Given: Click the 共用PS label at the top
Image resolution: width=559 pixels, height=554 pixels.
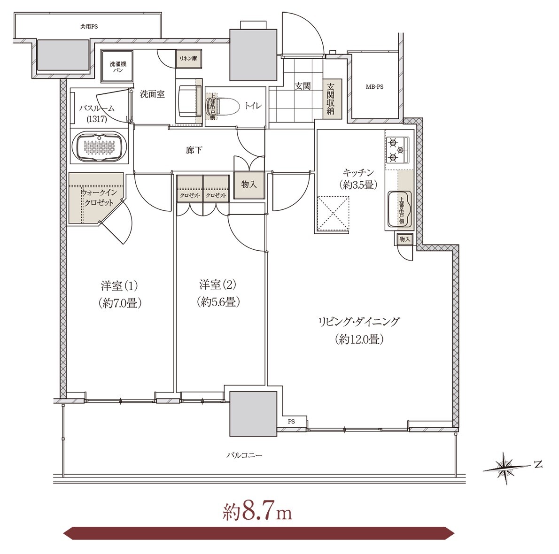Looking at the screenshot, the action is pos(89,26).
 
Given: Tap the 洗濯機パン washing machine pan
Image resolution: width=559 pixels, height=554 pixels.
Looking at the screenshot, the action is pos(117,67).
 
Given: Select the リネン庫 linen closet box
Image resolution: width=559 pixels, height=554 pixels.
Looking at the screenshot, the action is pos(188,59).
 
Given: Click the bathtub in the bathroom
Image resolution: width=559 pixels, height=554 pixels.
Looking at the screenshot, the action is pos(100,147).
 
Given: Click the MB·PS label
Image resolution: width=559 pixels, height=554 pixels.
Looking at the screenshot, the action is pos(375,86).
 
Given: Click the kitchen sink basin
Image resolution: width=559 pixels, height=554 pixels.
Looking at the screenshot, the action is pos(399,209).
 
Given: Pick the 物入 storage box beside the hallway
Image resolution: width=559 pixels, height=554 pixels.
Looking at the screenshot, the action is pos(249,185).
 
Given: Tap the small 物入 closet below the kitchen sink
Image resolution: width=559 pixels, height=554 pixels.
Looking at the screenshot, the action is pos(404,239).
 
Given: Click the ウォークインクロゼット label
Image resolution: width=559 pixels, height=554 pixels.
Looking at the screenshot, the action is pos(99,198).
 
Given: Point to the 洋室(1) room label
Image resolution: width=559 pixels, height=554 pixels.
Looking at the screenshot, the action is pos(119,286).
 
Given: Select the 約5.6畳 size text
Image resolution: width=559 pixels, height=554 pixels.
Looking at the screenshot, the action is pos(218,302).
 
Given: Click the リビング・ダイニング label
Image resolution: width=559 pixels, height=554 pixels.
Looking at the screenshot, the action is pos(359,322).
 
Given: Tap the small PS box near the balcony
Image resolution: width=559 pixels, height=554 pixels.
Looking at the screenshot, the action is pos(292,422).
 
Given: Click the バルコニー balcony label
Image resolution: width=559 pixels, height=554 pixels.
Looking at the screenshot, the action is pos(245,455).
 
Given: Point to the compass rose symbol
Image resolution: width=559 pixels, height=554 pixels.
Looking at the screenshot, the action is pos(505,468).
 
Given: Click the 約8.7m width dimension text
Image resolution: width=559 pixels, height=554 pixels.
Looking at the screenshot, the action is pos(257,513).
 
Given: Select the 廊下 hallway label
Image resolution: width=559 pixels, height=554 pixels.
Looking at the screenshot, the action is pos(194,150).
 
